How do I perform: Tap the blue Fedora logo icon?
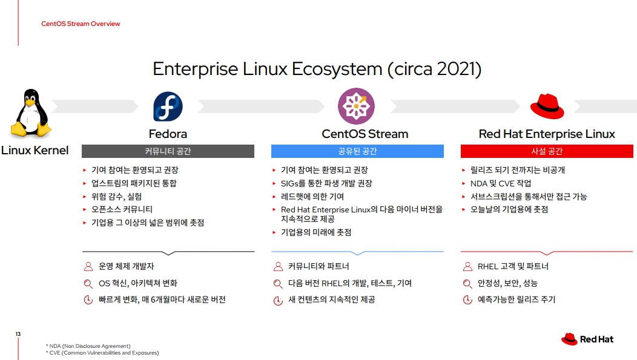[168, 106]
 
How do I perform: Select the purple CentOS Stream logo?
[356, 106]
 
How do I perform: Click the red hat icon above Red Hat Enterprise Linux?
[547, 106]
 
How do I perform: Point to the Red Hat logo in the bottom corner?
[587, 339]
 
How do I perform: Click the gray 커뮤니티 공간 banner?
[168, 151]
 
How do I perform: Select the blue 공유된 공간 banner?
[357, 151]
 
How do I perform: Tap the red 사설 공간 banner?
[547, 151]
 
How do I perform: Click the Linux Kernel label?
[35, 150]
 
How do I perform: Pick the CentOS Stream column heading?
[365, 134]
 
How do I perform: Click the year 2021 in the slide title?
[455, 69]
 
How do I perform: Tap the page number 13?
[18, 334]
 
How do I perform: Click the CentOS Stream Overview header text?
[81, 24]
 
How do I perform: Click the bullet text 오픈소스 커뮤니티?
[122, 209]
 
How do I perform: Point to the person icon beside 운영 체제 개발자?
[88, 266]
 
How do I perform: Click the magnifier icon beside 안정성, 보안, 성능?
[467, 283]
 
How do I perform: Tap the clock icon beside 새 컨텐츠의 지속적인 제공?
[278, 300]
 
